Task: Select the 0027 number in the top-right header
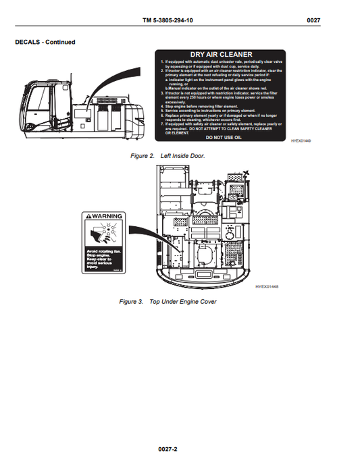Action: (313, 21)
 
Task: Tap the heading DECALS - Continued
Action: (45, 42)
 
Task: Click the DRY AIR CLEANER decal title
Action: (220, 55)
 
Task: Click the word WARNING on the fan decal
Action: (107, 215)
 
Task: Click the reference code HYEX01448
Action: (267, 287)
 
